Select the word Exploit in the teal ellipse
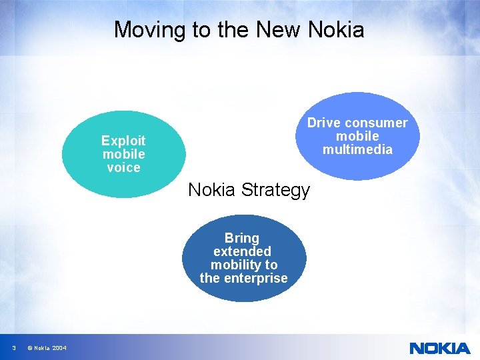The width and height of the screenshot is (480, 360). coord(123,141)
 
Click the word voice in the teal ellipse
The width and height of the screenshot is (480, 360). coord(123,167)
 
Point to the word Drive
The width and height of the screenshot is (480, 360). coord(323,123)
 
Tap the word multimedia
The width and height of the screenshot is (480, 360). coord(357,149)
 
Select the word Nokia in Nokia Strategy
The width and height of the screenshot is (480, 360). coord(213,190)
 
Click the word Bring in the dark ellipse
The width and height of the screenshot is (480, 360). coord(242,238)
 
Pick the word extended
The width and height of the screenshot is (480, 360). coord(242,251)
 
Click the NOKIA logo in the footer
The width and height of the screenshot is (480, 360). coord(439,348)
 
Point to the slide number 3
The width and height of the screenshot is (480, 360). coord(13,348)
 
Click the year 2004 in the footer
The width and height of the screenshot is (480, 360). coord(59,348)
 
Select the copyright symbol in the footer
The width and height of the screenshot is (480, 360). coord(30,348)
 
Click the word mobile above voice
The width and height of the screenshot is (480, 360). coord(123,154)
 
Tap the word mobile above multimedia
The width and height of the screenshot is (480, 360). coord(357,136)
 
